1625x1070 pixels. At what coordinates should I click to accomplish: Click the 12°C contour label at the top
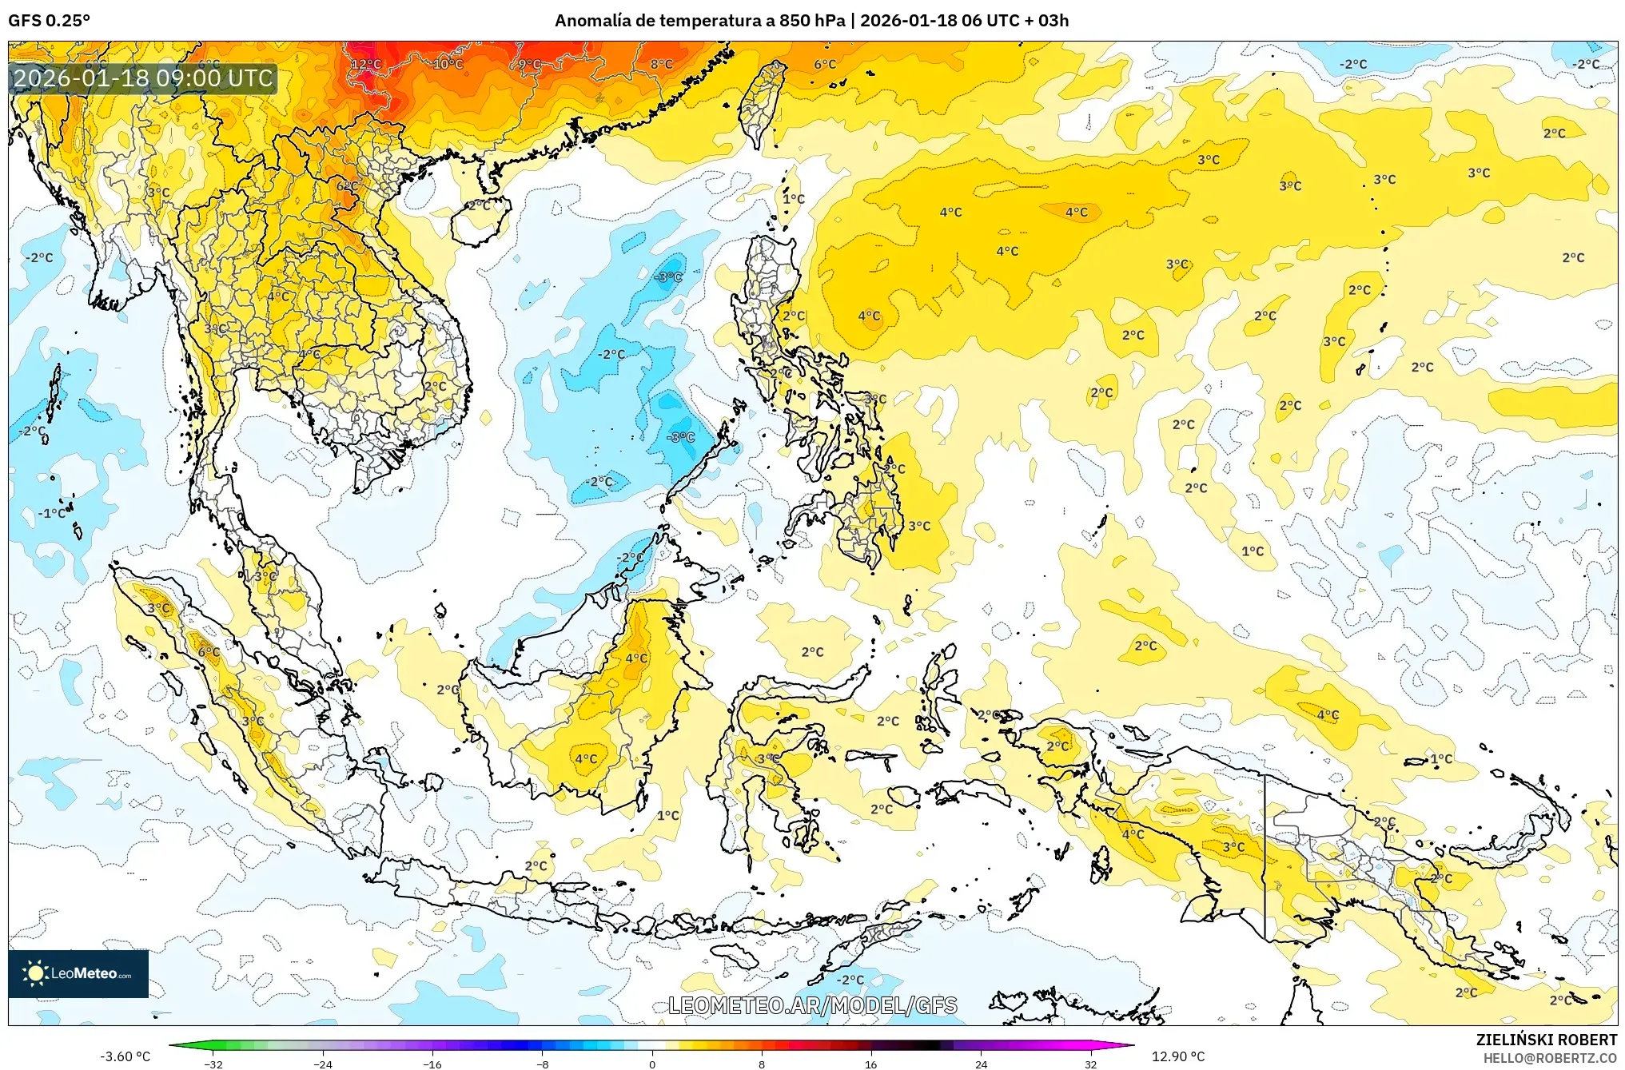[x=366, y=64]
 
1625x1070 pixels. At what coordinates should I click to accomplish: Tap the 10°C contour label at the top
[x=448, y=64]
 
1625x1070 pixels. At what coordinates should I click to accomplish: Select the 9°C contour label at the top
[x=529, y=64]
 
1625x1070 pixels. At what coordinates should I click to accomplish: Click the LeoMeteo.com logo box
[x=78, y=973]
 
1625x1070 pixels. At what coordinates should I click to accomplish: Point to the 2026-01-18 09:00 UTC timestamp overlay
[x=143, y=78]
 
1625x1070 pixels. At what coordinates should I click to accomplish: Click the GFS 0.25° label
[x=49, y=20]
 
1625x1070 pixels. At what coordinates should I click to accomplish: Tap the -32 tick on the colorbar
[x=213, y=1064]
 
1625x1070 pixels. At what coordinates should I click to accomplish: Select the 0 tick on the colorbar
[x=652, y=1064]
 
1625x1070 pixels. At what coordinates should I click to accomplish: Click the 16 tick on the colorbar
[x=871, y=1064]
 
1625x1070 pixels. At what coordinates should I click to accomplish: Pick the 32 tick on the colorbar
[x=1090, y=1064]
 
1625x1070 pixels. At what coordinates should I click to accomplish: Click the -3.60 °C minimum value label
[x=125, y=1056]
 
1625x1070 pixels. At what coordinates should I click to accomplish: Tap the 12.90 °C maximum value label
[x=1178, y=1056]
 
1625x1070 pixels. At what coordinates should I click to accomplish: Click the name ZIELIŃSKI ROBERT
[x=1546, y=1040]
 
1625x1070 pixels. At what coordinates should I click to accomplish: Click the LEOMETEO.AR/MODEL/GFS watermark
[x=812, y=1005]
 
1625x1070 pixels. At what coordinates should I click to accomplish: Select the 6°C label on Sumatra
[x=209, y=652]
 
